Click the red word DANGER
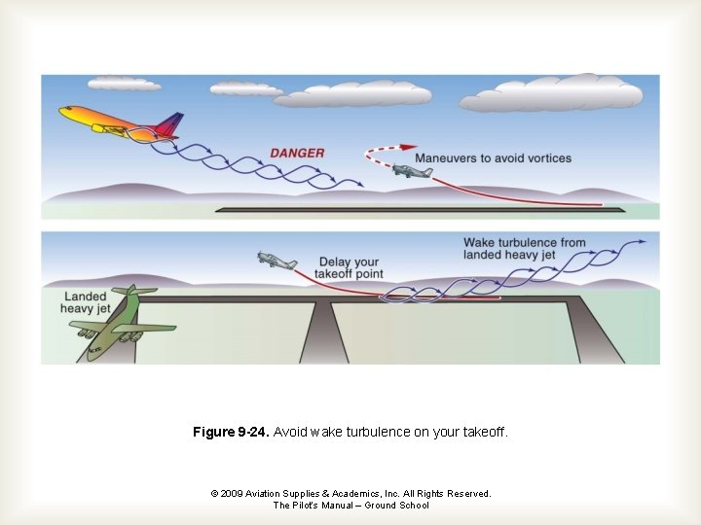[x=297, y=153]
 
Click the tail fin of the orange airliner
[x=169, y=123]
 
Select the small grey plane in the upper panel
[x=412, y=171]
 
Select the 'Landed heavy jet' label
[x=86, y=302]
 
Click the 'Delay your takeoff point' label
[x=350, y=267]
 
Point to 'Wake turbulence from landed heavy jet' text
[x=524, y=248]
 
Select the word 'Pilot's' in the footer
[x=310, y=506]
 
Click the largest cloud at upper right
[x=552, y=93]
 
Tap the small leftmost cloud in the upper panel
[x=125, y=85]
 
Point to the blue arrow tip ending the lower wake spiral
[x=643, y=243]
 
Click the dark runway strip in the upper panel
[x=409, y=208]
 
